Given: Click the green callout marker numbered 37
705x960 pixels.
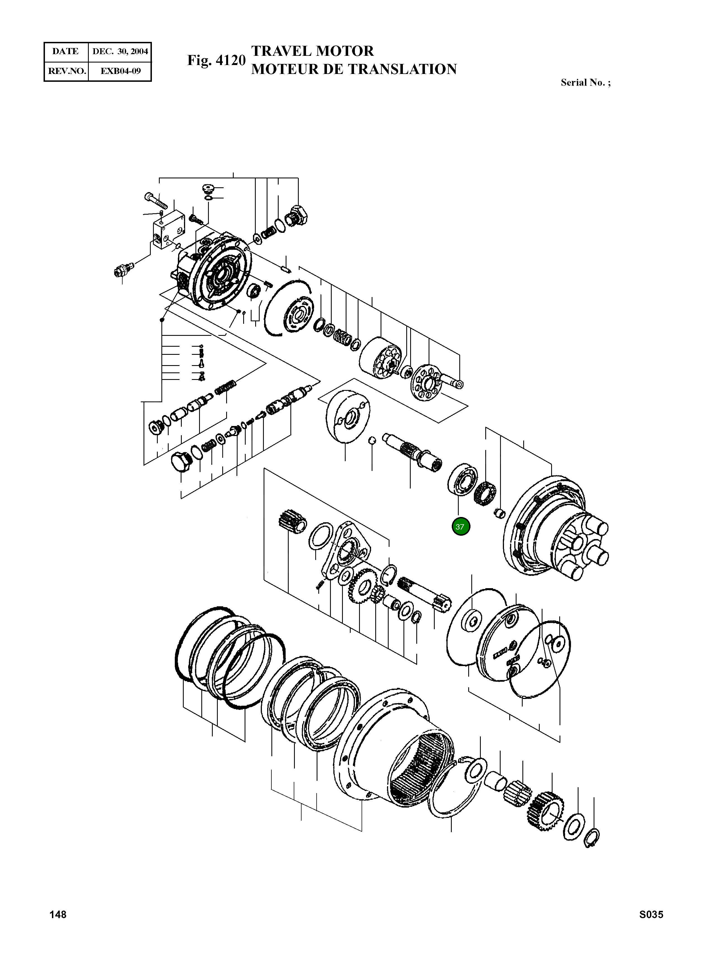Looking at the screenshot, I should click(460, 526).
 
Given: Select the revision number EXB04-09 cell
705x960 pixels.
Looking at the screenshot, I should click(120, 71).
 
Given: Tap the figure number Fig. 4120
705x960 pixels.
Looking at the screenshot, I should click(216, 60).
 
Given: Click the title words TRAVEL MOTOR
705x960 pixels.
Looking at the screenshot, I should click(312, 51).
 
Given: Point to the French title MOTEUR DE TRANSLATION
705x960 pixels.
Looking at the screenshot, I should click(354, 69).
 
